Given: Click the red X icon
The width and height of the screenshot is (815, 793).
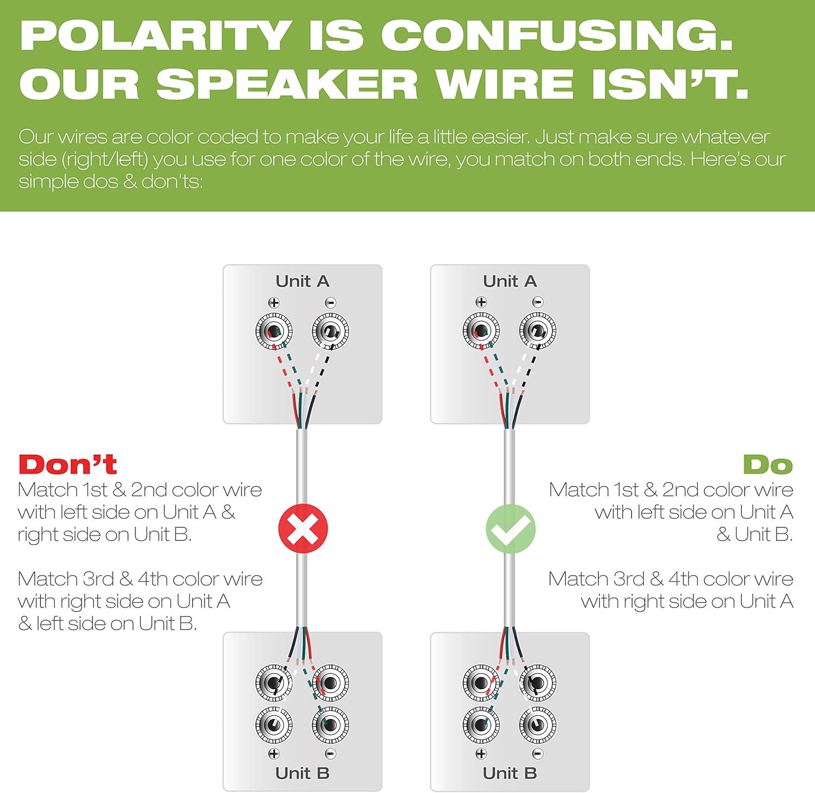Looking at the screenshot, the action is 303,529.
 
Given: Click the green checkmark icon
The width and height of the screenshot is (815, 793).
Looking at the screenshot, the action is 510,529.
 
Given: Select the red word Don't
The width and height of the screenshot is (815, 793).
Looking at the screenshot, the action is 68,464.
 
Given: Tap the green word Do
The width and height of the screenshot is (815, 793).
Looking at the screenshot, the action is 768,464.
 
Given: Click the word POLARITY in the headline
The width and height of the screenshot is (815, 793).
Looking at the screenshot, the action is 156,36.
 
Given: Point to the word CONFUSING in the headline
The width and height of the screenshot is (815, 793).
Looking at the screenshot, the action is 557,36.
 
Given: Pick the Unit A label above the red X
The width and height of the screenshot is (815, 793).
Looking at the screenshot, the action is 303,281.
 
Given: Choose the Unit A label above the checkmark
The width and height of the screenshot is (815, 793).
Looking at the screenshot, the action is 510,281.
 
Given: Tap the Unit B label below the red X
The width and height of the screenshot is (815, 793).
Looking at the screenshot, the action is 303,773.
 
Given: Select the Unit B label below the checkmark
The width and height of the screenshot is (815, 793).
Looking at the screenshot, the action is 510,773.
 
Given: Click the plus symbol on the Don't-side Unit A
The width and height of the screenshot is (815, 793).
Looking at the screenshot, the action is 274,302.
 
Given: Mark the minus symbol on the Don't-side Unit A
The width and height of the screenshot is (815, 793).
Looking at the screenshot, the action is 330,302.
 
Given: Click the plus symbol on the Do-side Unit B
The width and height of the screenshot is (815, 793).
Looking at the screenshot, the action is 481,753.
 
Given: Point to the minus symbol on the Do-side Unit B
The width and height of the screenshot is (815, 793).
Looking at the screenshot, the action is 538,753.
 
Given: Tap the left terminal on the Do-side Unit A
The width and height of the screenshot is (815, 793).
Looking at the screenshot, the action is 481,331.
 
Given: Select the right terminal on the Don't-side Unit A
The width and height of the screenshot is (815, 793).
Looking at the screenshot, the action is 330,331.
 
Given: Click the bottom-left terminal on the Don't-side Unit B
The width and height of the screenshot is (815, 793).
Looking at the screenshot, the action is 274,724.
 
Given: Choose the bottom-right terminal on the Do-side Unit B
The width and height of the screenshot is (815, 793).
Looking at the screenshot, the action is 537,724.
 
